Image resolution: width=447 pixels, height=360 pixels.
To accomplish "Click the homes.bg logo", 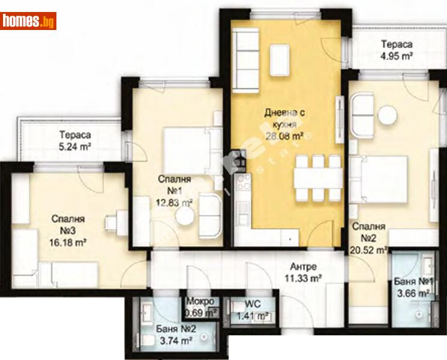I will (29, 21).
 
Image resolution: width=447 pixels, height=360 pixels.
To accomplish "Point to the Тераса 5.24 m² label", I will (74, 140).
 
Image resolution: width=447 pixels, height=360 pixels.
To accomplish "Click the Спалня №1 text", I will (175, 184).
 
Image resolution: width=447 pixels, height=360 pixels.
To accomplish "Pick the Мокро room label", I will (200, 301).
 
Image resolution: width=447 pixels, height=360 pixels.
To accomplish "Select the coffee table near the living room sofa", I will (282, 57).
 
